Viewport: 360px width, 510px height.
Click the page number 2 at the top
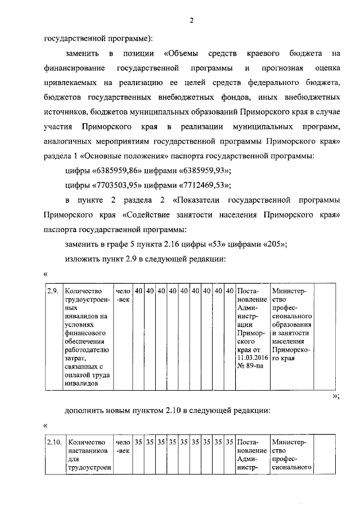coord(191,21)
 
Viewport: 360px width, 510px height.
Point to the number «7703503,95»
coord(115,185)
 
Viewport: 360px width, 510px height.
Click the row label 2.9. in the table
coord(52,291)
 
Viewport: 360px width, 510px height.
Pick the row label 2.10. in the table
coord(54,442)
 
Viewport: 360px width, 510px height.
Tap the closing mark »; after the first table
coord(336,396)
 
